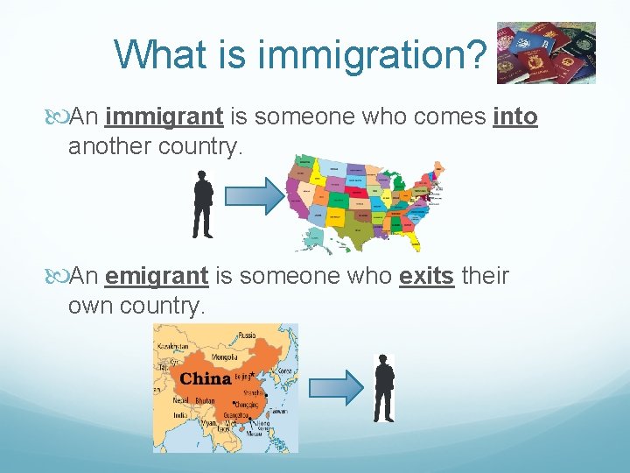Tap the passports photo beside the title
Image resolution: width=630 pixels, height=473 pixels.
(546, 53)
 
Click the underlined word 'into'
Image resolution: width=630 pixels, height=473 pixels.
(515, 116)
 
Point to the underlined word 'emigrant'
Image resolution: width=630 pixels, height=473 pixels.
(156, 276)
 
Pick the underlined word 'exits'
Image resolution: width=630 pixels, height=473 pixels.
(426, 276)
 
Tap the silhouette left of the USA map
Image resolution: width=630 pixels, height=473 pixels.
(203, 204)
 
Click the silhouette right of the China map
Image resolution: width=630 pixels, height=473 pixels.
(383, 387)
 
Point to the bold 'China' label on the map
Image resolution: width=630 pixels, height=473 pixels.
(206, 379)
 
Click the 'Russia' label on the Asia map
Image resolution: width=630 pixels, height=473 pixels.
(248, 335)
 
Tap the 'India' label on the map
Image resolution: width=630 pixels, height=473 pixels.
(178, 415)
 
